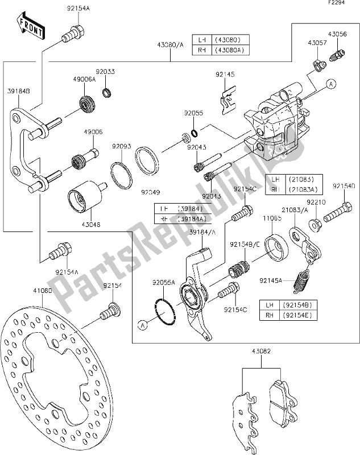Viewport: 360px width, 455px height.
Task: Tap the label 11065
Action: tap(268, 218)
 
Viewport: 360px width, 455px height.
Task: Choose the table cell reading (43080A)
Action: tap(230, 50)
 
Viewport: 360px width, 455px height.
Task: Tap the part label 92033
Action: tap(105, 72)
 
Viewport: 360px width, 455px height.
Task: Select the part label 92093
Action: tap(121, 146)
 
